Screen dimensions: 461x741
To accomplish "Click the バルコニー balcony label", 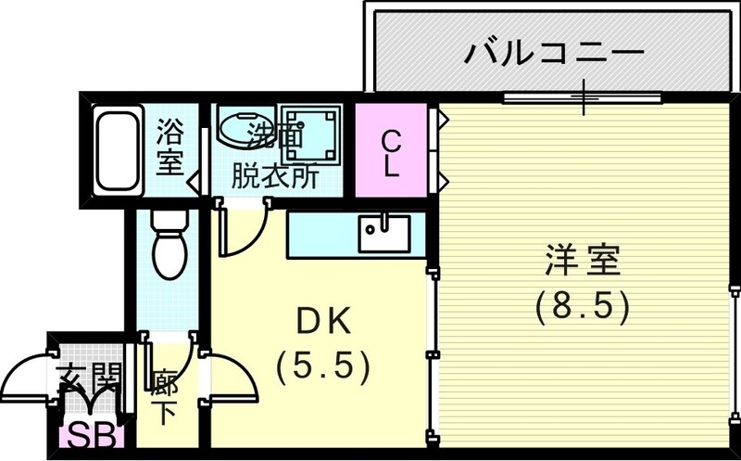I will tap(554, 50).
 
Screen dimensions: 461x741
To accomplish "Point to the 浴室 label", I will tap(170, 146).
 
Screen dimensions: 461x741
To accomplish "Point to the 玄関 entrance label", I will tap(89, 378).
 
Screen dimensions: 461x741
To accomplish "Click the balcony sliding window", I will tap(583, 96).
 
